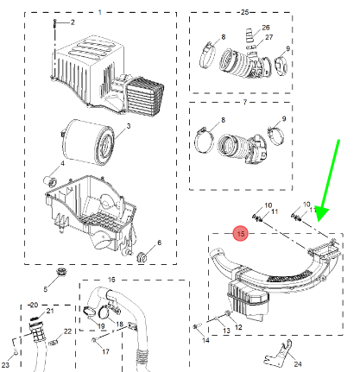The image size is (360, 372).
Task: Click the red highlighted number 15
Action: coord(241,234)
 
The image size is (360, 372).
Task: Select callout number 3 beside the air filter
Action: coord(129,126)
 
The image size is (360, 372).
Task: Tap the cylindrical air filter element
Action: coord(87,142)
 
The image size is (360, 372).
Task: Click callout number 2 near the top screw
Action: coord(73,22)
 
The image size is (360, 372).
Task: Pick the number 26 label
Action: coord(266,28)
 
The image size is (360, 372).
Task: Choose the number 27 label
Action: coord(268,37)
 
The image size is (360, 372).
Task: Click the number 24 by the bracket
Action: coord(298,364)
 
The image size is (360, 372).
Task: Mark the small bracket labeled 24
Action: coord(278,353)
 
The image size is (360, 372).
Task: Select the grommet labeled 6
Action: coord(142,257)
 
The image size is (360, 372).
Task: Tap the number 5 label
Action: coord(45,289)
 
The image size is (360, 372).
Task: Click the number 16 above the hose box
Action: coord(111,280)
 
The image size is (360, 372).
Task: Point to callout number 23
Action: coord(5,365)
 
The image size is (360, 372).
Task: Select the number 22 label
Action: coord(67,331)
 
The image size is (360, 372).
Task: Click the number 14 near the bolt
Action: coord(205,340)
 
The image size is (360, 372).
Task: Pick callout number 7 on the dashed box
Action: coord(244,102)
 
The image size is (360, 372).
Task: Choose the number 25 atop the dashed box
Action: coord(244,12)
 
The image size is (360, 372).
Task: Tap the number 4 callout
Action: coord(62,163)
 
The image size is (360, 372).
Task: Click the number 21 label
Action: coord(50,311)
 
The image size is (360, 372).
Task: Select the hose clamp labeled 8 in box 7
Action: coord(205,141)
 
